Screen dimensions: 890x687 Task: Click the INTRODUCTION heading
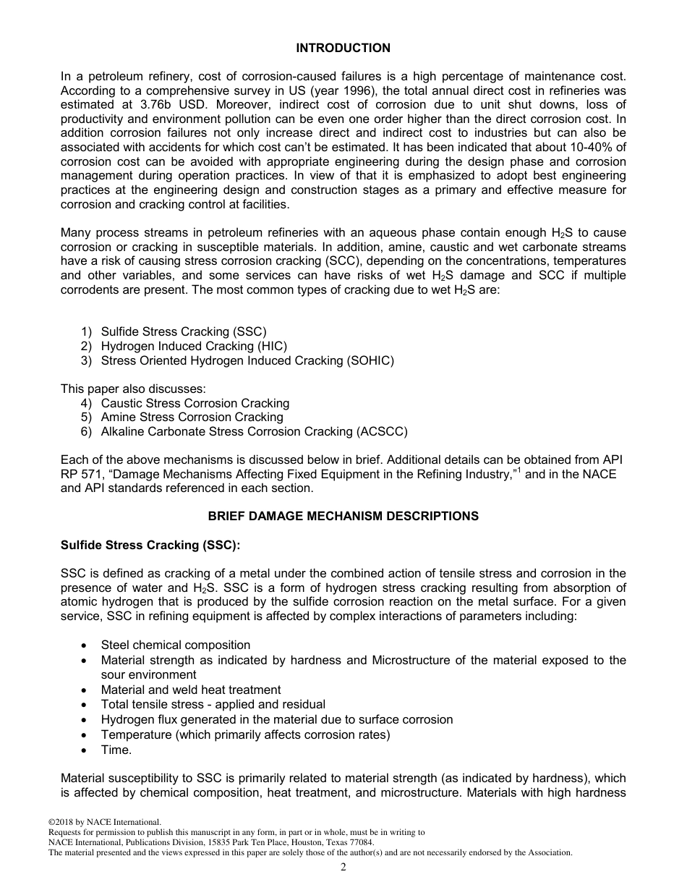point(343,48)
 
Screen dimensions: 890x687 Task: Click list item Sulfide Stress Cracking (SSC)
point(184,332)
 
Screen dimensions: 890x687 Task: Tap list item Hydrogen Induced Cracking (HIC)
point(194,347)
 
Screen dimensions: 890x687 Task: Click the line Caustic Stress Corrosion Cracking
point(195,403)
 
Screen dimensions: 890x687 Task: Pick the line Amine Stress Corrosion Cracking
point(192,418)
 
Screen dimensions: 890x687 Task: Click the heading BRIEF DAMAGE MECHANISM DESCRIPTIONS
point(343,517)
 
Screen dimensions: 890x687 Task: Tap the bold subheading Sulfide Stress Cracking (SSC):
point(150,545)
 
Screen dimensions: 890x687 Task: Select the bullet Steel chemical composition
point(176,645)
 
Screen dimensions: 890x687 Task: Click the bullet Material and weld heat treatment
point(191,690)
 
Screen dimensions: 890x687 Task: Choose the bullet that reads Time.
point(116,750)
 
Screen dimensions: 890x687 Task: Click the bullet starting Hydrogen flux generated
point(277,720)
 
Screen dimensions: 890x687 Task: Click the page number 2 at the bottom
point(343,868)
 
